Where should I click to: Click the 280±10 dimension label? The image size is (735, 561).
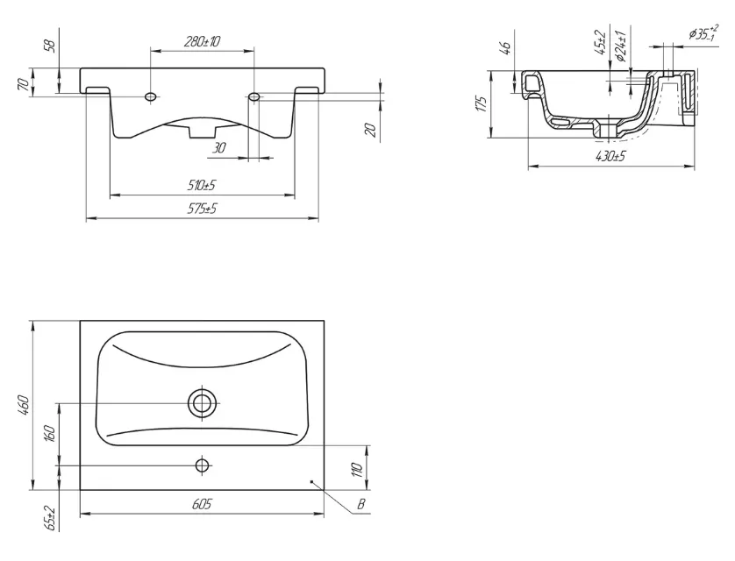(202, 41)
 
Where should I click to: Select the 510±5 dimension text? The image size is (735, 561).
(202, 185)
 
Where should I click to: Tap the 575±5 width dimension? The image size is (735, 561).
(202, 209)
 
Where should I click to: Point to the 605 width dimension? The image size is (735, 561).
(202, 504)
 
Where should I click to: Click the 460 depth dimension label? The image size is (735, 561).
(24, 406)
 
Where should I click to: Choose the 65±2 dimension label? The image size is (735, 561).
(51, 518)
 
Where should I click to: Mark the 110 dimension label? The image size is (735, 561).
(358, 470)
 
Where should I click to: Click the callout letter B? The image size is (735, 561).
(361, 504)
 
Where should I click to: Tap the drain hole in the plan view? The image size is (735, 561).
(203, 402)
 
